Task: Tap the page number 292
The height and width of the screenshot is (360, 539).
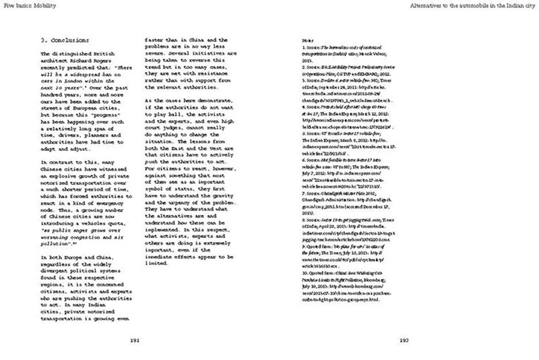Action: click(139, 340)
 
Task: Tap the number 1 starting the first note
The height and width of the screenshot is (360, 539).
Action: click(303, 50)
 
